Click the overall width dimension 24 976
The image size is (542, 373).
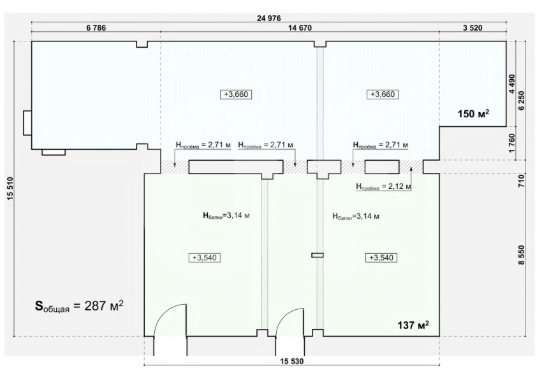pyautogui.click(x=269, y=18)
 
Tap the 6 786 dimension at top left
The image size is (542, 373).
pyautogui.click(x=96, y=28)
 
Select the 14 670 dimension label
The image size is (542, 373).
pyautogui.click(x=300, y=28)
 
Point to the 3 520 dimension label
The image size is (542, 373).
pyautogui.click(x=472, y=28)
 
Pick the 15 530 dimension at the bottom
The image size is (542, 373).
pyautogui.click(x=292, y=362)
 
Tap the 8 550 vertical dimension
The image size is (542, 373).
pyautogui.click(x=521, y=256)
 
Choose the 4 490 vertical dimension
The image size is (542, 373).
pyautogui.click(x=512, y=84)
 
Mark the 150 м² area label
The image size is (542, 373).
pyautogui.click(x=474, y=113)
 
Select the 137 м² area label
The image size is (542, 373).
pyautogui.click(x=413, y=325)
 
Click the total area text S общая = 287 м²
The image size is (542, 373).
pyautogui.click(x=79, y=305)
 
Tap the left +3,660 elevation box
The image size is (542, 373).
pyautogui.click(x=236, y=94)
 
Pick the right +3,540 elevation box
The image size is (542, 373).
pyautogui.click(x=381, y=258)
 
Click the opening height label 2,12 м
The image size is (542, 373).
pyautogui.click(x=384, y=187)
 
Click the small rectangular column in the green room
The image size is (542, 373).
pyautogui.click(x=318, y=256)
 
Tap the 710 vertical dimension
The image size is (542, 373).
pyautogui.click(x=521, y=181)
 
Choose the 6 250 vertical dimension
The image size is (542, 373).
pyautogui.click(x=521, y=101)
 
